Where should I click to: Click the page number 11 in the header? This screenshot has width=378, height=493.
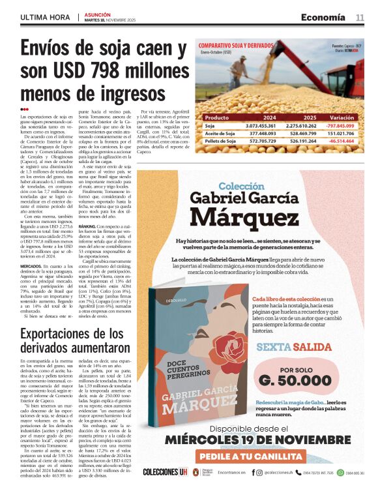360,17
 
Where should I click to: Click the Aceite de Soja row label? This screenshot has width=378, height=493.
220,133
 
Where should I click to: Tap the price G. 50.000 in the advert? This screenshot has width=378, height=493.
295,381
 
